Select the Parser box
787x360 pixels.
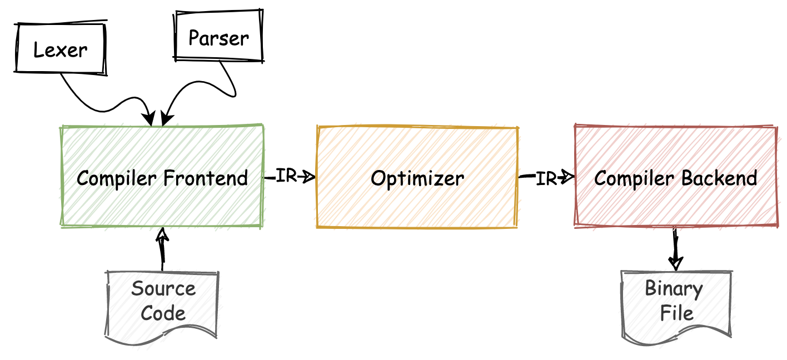click(218, 37)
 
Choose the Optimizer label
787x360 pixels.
click(417, 178)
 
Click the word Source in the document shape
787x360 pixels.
click(163, 289)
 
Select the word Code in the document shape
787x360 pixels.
click(163, 313)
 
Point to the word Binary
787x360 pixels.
click(674, 289)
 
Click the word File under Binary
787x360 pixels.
click(676, 313)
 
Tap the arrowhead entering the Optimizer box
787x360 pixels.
click(309, 177)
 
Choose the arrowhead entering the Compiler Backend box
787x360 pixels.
click(567, 178)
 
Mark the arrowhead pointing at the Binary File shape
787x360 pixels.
click(676, 262)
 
